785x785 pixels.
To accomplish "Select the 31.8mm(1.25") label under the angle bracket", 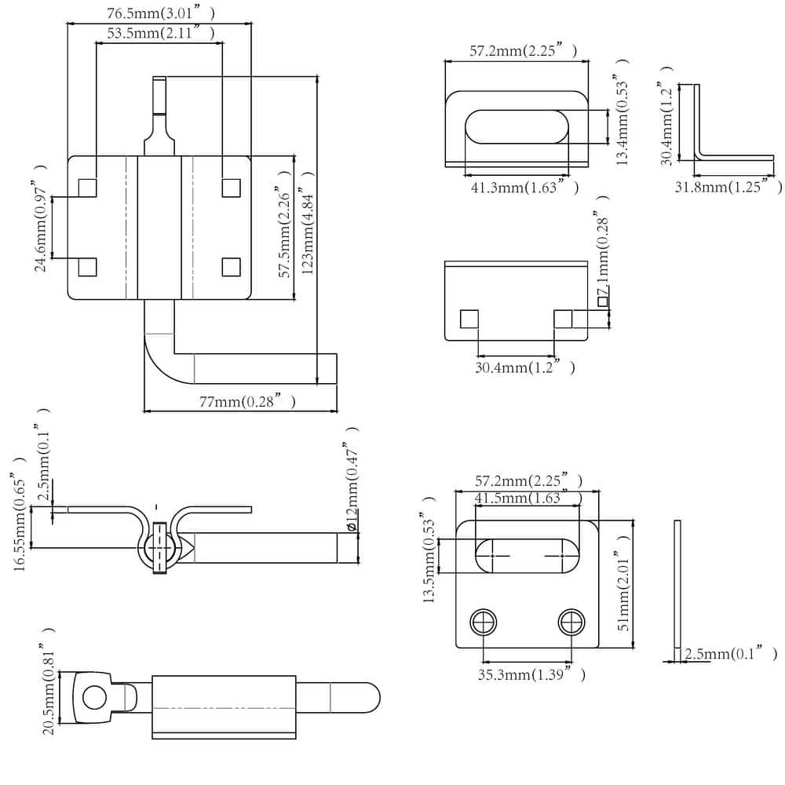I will coord(728,186).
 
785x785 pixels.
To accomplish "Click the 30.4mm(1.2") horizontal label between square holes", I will coord(524,367).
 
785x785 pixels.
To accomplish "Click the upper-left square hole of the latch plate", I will coord(87,188).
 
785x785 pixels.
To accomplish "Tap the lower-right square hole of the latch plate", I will coord(231,267).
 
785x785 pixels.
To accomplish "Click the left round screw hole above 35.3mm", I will coord(484,623).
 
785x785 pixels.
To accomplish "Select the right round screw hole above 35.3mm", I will coord(571,623).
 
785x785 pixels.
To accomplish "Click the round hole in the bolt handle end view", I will coord(96,696).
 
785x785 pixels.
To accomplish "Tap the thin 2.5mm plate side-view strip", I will coord(677,585).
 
